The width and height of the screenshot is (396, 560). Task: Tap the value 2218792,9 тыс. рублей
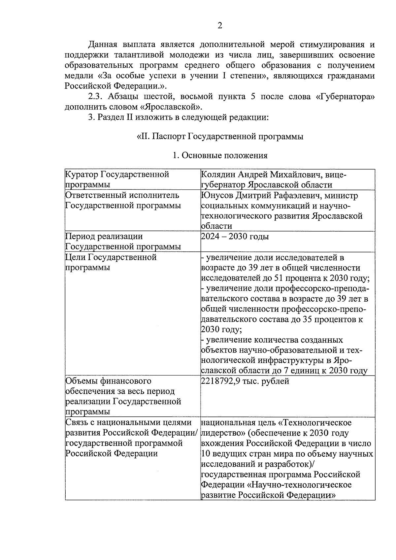pyautogui.click(x=245, y=381)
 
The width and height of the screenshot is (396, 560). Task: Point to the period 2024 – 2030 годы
pyautogui.click(x=235, y=237)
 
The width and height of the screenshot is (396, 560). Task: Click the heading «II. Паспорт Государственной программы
pyautogui.click(x=220, y=136)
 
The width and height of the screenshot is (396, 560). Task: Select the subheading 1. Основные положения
pyautogui.click(x=220, y=155)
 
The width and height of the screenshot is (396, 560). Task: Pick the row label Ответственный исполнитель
pyautogui.click(x=122, y=195)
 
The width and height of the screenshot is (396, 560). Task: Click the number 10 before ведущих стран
pyautogui.click(x=204, y=454)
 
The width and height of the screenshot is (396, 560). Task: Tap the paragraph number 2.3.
pyautogui.click(x=95, y=97)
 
